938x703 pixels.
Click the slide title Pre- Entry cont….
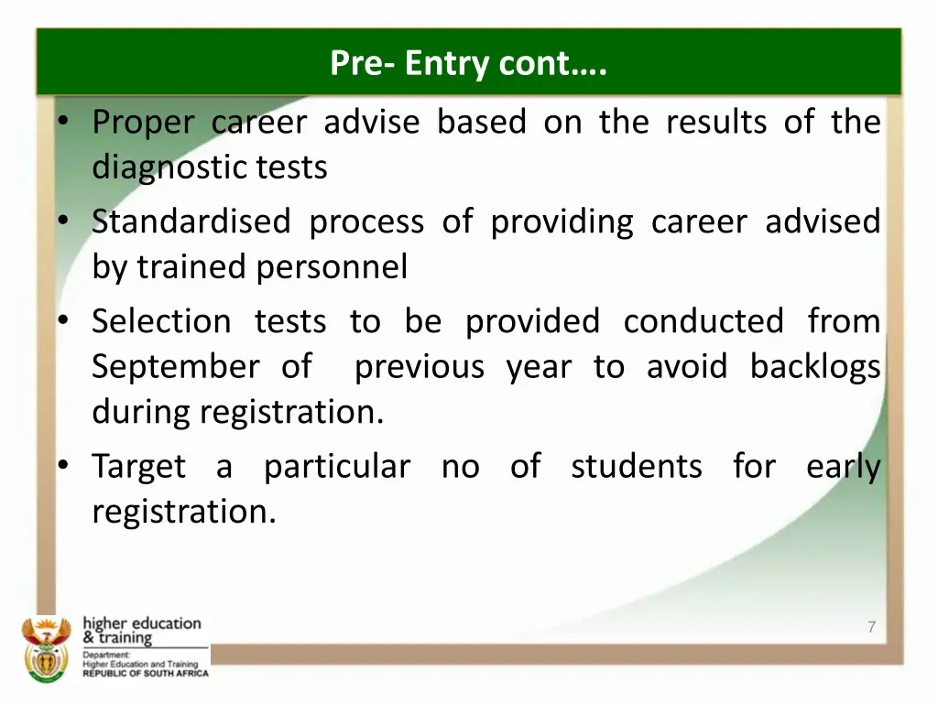[468, 63]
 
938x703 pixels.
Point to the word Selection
[161, 321]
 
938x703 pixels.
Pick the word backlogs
[814, 367]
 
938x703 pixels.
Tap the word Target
[138, 467]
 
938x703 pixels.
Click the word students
[636, 467]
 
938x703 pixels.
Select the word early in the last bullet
[843, 467]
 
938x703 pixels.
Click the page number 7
[871, 627]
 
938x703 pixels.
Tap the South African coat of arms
[46, 648]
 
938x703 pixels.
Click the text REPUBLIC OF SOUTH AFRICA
[145, 673]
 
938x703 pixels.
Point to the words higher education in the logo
[141, 623]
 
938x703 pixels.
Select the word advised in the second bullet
[822, 222]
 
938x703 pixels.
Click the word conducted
[703, 321]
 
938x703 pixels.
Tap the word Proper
[143, 123]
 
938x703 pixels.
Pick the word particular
[336, 467]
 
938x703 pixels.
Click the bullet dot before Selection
[61, 321]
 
